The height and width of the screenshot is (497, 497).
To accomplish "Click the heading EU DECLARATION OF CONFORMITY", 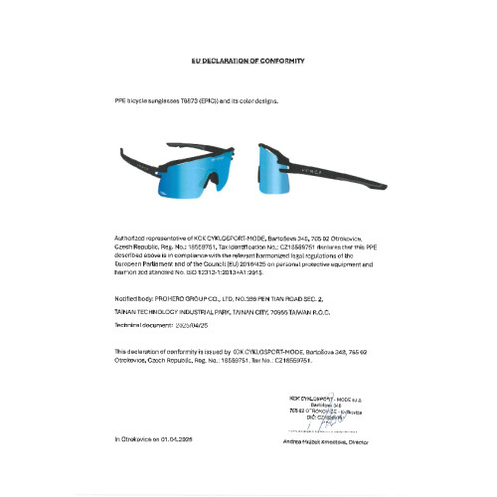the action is [x=248, y=61].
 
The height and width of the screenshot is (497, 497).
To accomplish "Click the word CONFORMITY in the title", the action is [x=280, y=61].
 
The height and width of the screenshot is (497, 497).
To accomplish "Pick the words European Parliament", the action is [x=143, y=262].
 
